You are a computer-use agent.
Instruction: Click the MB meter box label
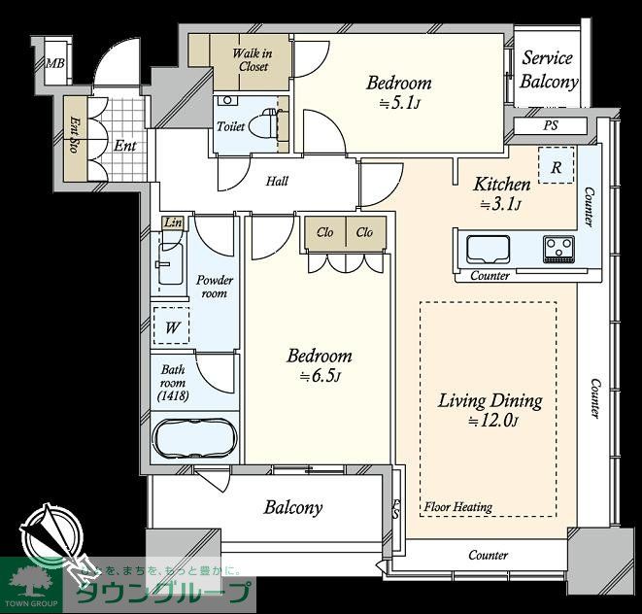pos(54,63)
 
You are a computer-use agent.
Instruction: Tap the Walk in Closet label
pos(253,60)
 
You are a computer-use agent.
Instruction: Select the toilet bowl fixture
pos(265,124)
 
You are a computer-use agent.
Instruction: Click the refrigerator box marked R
pos(556,165)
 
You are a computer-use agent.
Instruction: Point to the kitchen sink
pos(488,250)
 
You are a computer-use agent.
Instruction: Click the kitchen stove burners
pos(558,249)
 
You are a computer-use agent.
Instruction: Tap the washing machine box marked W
pos(172,325)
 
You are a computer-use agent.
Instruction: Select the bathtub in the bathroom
pos(194,438)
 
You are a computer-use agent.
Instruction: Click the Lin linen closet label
pos(173,222)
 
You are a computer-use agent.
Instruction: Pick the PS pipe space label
pos(551,125)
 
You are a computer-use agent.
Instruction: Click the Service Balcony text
pos(548,70)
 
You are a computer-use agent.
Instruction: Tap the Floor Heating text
pos(457,507)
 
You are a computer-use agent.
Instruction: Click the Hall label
pos(277,181)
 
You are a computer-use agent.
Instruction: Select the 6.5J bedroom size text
pos(320,376)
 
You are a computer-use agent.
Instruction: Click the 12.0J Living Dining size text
pos(493,421)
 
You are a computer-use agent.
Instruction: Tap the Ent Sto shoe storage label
pos(75,135)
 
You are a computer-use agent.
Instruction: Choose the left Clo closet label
pos(325,232)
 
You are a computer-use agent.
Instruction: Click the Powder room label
pos(214,287)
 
